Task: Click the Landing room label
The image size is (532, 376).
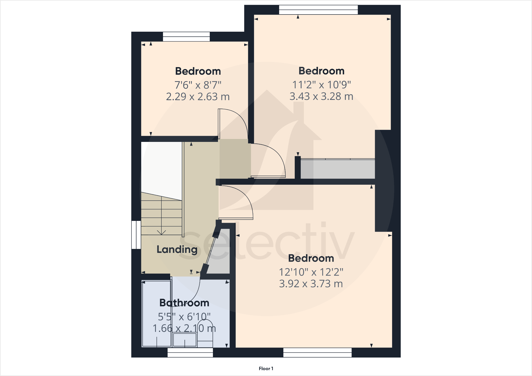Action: [177, 249]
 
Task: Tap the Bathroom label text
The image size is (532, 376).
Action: [184, 303]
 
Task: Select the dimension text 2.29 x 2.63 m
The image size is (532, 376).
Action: [198, 97]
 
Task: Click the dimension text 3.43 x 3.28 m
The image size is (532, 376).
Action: [321, 96]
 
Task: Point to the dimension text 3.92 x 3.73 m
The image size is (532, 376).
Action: [311, 284]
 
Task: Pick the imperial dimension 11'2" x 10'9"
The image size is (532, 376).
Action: [321, 85]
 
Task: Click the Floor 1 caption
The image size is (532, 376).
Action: [266, 369]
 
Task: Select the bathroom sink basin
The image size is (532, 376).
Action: [185, 340]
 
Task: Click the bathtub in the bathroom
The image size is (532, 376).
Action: [157, 314]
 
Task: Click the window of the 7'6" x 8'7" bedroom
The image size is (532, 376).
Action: [186, 37]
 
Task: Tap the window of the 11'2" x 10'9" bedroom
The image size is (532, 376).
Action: [318, 10]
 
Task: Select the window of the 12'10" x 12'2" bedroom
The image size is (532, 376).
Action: [317, 352]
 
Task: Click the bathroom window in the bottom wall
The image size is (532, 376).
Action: [190, 352]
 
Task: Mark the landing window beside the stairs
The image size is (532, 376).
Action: [136, 235]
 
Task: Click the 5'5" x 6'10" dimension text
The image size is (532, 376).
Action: [184, 317]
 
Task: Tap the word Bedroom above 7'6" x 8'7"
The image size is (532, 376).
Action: [198, 71]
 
